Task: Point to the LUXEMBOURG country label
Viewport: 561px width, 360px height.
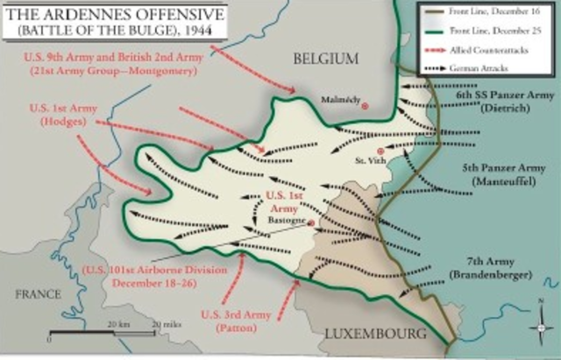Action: point(374,335)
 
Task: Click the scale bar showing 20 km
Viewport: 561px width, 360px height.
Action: point(96,334)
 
